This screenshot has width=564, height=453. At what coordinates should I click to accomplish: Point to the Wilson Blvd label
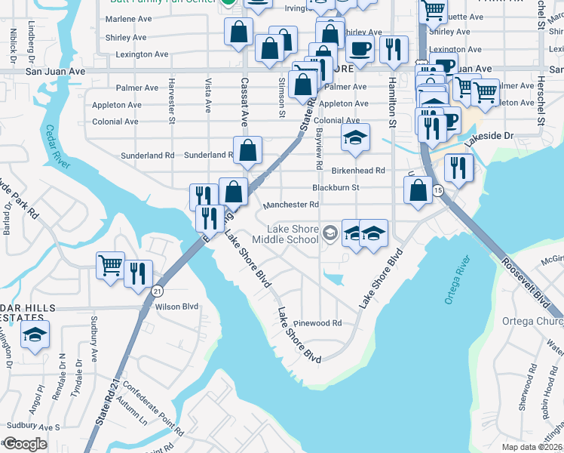click(x=176, y=307)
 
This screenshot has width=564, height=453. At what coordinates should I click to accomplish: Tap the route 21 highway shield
click(x=157, y=291)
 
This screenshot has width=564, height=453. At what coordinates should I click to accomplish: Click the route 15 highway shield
click(x=438, y=191)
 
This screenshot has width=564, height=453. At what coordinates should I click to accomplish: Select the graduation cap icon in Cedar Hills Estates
click(x=35, y=334)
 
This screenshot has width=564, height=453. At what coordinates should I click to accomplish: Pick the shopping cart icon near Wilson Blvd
click(x=110, y=266)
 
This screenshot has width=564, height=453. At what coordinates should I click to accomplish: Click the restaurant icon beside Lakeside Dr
click(x=458, y=168)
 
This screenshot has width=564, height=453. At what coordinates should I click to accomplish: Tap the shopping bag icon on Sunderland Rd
click(x=247, y=150)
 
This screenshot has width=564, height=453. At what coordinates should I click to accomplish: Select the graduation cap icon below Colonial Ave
click(x=356, y=138)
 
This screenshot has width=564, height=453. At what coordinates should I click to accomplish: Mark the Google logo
click(x=25, y=443)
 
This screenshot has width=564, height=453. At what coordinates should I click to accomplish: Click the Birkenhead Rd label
click(x=359, y=171)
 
